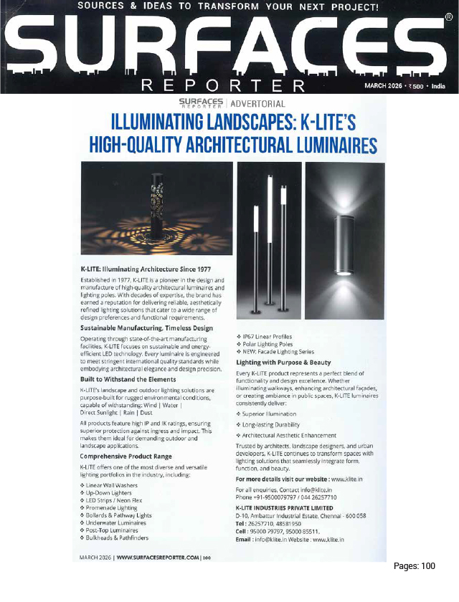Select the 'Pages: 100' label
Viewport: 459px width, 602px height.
(415, 566)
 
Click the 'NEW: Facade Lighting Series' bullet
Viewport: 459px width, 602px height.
(280, 351)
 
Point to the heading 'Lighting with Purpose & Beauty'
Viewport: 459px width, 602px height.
(283, 363)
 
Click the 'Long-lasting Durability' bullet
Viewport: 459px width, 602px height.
(273, 424)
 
